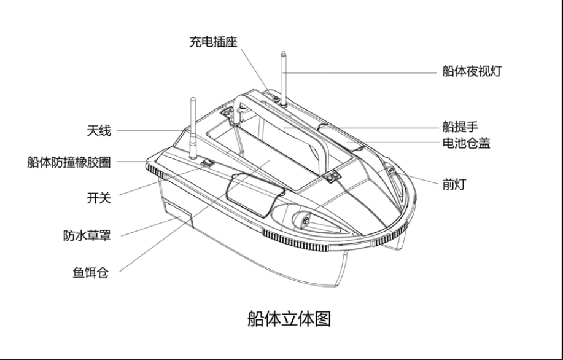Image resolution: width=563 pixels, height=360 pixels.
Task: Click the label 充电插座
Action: click(212, 42)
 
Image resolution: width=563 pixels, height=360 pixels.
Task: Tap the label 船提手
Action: click(460, 127)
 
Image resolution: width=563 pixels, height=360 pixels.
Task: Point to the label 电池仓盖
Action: click(466, 144)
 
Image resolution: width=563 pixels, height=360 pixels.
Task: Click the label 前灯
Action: click(454, 184)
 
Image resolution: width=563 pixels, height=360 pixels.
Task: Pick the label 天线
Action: click(99, 130)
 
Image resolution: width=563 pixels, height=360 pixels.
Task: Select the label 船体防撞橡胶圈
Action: click(69, 162)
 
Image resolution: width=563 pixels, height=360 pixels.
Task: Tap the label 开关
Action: click(99, 198)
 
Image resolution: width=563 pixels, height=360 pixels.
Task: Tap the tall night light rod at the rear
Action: click(284, 77)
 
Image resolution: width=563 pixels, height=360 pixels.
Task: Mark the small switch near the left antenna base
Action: click(208, 163)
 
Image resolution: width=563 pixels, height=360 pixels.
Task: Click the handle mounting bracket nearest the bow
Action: click(333, 177)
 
